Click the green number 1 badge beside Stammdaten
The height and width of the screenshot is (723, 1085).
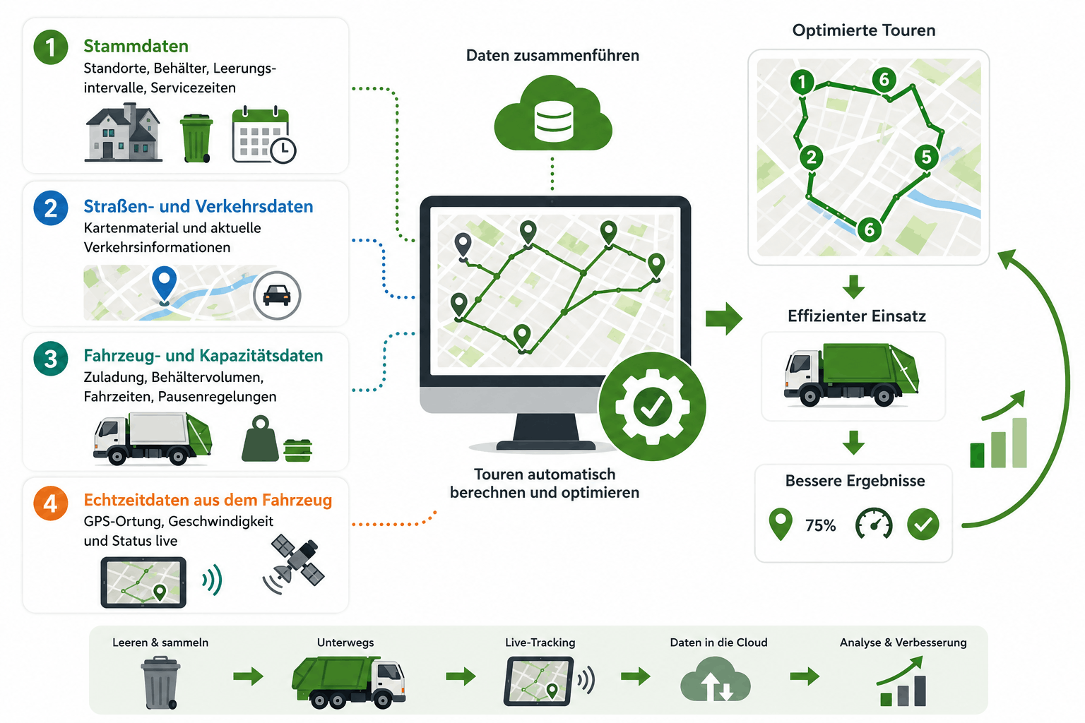coord(50,47)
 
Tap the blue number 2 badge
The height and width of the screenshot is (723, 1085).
coord(50,208)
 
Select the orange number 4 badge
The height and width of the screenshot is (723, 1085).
coord(50,503)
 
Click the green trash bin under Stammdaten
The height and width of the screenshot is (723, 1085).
coord(196,138)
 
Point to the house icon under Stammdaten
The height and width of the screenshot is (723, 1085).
coord(124,132)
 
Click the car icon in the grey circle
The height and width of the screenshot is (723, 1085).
coord(277,295)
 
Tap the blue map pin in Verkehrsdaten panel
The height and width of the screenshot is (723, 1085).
coord(164,285)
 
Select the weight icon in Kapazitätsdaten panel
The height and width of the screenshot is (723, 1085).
coord(261,438)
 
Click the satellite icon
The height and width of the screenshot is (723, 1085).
coord(294,563)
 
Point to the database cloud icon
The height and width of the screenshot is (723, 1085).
coord(553,113)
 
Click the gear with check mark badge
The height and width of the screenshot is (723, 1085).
coord(652,406)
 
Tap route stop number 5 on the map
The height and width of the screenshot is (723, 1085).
coord(926,157)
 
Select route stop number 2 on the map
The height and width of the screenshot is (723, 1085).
coord(812,157)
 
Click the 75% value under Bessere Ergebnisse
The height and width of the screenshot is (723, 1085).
coord(821,525)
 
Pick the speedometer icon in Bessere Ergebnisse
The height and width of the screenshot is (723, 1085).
coord(874,523)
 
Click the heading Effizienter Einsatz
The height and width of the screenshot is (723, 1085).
coord(856,316)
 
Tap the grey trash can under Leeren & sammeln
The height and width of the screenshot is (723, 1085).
coord(160,683)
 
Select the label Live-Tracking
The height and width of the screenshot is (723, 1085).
coord(540,642)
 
